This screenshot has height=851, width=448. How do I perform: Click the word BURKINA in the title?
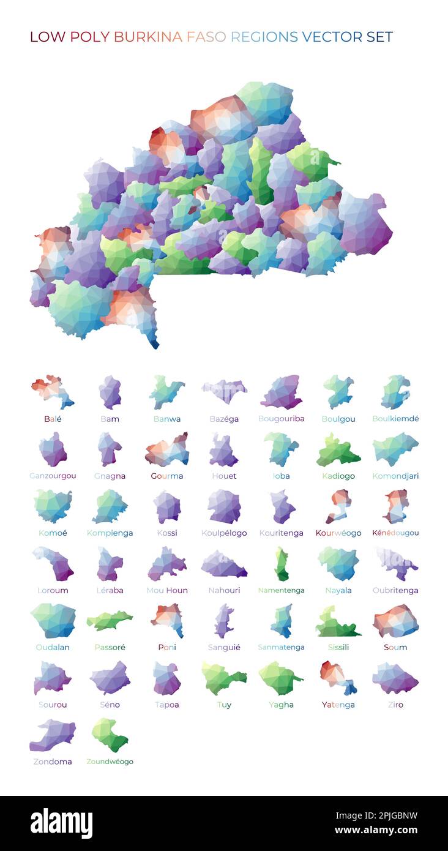(x=147, y=37)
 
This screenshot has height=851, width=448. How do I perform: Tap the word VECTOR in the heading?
(x=331, y=37)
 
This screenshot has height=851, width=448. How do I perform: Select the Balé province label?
(x=53, y=419)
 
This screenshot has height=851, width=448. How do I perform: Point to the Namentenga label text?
(x=281, y=591)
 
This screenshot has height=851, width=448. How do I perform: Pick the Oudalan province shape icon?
(x=53, y=620)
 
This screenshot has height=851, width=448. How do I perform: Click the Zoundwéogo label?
(x=110, y=762)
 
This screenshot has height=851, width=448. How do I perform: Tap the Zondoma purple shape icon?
(x=53, y=735)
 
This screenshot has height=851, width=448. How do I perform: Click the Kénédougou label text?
(x=395, y=533)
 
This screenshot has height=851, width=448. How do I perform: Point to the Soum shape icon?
(x=395, y=621)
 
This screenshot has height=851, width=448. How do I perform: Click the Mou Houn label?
(x=167, y=591)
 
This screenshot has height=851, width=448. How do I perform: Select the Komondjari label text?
(x=395, y=476)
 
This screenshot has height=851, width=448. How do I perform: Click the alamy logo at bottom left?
(x=61, y=823)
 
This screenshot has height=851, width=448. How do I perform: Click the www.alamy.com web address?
(x=376, y=831)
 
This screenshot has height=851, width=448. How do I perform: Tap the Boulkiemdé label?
(x=395, y=419)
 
